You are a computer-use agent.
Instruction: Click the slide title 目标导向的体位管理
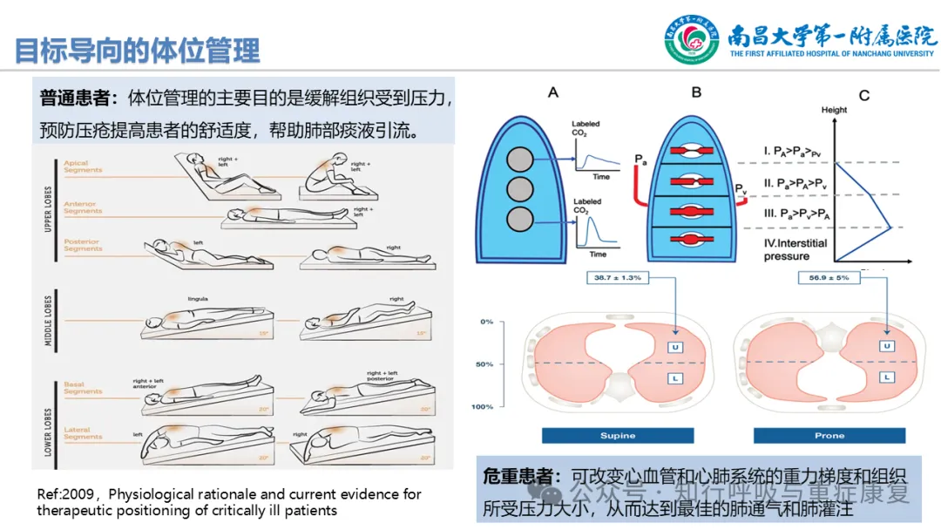tap(138, 51)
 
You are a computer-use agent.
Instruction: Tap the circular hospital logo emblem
tap(692, 40)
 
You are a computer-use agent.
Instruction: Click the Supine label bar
tap(617, 435)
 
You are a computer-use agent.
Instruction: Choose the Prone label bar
tap(829, 435)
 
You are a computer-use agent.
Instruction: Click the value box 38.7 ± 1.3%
tap(618, 277)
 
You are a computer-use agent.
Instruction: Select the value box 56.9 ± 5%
tap(829, 277)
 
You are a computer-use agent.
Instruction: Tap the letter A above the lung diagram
tap(552, 92)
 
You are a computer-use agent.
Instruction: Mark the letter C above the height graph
tap(863, 95)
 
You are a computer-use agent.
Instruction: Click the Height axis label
tap(834, 110)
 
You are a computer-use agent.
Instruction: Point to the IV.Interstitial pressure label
tap(795, 249)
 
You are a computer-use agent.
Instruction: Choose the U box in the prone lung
tap(886, 347)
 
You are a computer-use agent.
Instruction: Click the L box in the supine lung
tap(674, 377)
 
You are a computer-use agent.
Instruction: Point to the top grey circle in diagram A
tap(520, 160)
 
